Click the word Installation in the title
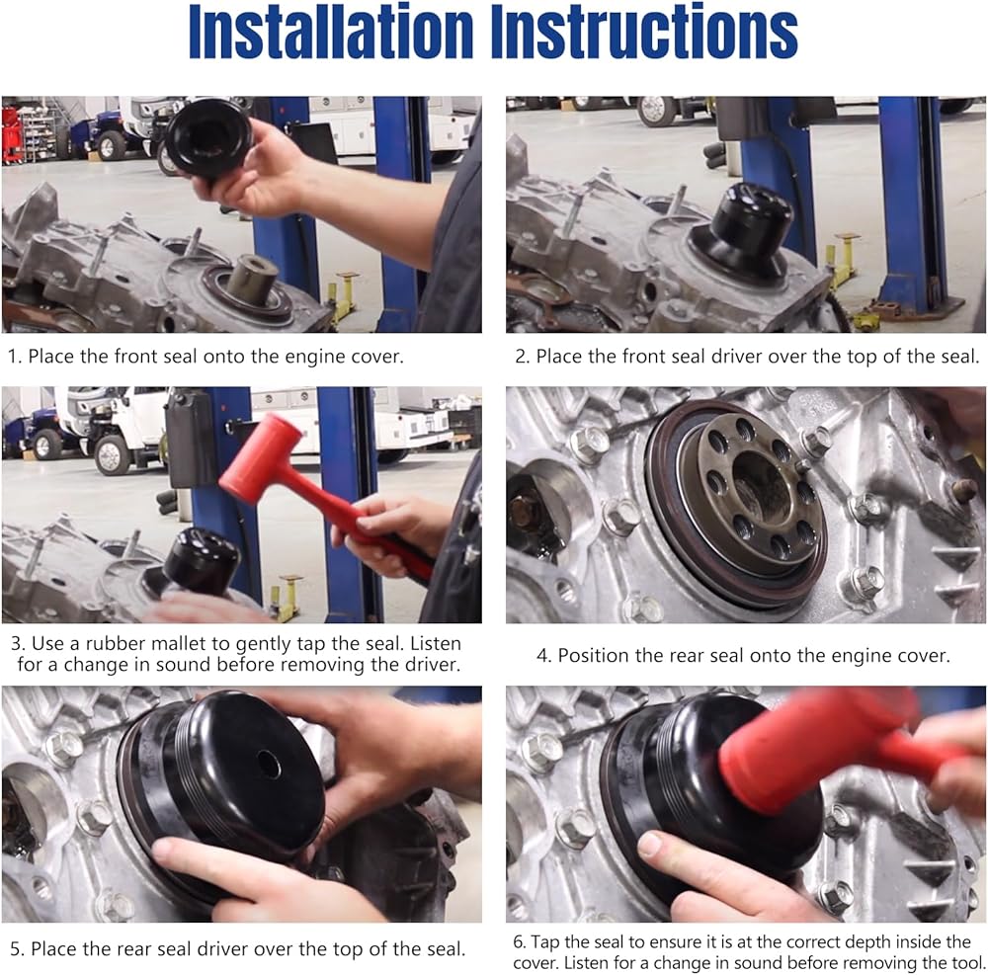point(331,32)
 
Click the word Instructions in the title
point(644,32)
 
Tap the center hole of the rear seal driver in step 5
point(269,764)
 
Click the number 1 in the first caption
point(14,357)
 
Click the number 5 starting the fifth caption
point(17,949)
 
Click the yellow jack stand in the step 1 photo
point(344,296)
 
